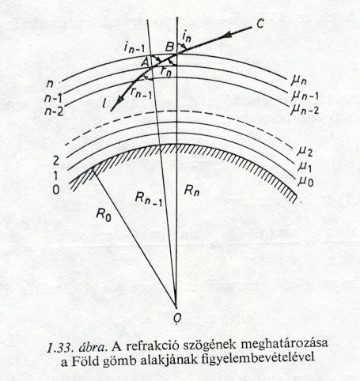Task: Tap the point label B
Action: (169, 47)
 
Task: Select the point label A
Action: (146, 62)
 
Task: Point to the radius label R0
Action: (104, 215)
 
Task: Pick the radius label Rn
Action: (192, 190)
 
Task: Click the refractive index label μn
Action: (299, 81)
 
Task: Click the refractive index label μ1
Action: (305, 168)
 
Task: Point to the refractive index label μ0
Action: (305, 182)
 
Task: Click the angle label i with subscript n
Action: (187, 37)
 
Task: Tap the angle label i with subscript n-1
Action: (134, 49)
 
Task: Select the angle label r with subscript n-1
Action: (141, 92)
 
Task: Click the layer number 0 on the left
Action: (56, 190)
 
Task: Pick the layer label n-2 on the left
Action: (54, 111)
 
